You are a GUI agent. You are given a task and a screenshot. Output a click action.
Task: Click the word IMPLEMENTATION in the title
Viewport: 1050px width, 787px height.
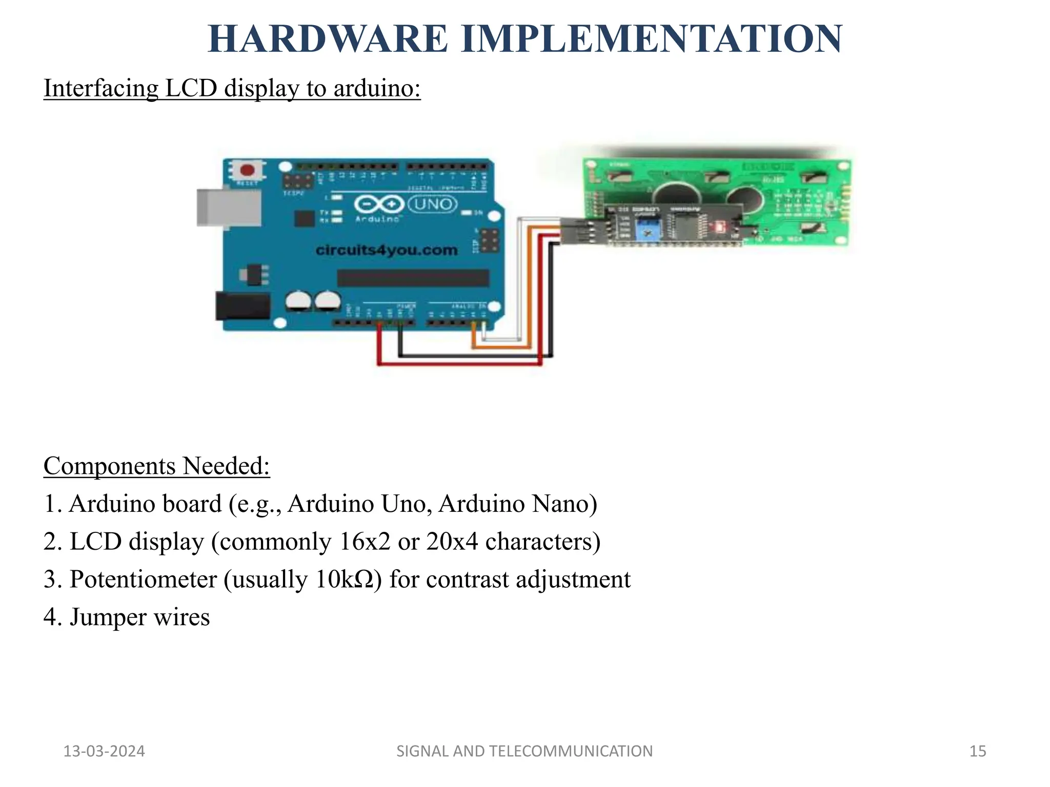pos(652,39)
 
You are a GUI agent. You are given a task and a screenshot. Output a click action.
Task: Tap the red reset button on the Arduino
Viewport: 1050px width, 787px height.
pos(248,170)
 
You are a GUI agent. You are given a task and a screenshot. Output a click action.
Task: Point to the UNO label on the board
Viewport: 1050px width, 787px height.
pos(432,204)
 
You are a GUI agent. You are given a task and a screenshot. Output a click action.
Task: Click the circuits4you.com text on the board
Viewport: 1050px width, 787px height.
pos(387,250)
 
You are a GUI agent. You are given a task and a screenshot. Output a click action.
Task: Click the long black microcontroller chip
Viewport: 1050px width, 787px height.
pos(413,278)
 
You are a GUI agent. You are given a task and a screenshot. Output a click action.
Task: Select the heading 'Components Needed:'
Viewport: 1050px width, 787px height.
pos(156,466)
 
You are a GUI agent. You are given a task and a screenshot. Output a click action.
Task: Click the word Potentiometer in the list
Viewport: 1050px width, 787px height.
pos(143,579)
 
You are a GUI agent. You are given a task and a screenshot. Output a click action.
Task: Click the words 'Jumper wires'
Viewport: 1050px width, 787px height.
pos(139,617)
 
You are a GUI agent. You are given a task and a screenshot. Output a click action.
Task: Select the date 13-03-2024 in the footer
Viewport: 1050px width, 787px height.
pos(104,751)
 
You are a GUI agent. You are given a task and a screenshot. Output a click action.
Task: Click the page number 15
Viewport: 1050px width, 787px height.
pos(978,751)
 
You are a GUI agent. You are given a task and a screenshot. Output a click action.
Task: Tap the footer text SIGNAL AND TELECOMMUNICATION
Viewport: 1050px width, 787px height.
pos(524,751)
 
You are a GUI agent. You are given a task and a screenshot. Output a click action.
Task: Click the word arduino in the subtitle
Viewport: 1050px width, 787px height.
pos(377,88)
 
